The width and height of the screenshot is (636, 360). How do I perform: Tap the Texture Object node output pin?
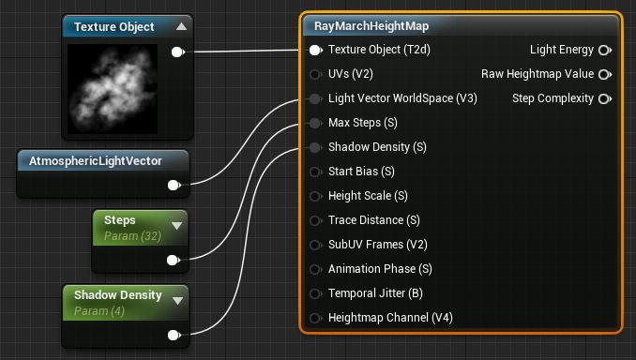(x=177, y=52)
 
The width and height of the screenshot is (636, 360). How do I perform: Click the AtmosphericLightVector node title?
(x=96, y=161)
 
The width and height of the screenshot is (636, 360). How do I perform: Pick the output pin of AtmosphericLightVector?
(x=174, y=186)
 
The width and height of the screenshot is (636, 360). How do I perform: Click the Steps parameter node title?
(x=120, y=220)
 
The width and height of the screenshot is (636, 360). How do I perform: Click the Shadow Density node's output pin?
(x=174, y=335)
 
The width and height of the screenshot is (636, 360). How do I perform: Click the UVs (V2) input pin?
(x=315, y=74)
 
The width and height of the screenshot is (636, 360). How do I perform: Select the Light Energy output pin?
(x=605, y=50)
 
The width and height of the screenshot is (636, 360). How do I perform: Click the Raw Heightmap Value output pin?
(x=605, y=74)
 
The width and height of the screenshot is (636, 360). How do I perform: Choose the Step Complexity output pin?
(x=605, y=98)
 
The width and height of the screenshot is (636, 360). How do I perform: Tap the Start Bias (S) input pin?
(x=315, y=172)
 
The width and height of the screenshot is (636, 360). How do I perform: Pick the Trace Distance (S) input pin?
(x=315, y=220)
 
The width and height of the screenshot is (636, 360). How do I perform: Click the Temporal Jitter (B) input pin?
(x=315, y=293)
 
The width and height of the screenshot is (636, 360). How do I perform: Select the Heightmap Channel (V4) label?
(x=390, y=318)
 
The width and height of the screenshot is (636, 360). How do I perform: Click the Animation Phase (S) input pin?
(x=315, y=269)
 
